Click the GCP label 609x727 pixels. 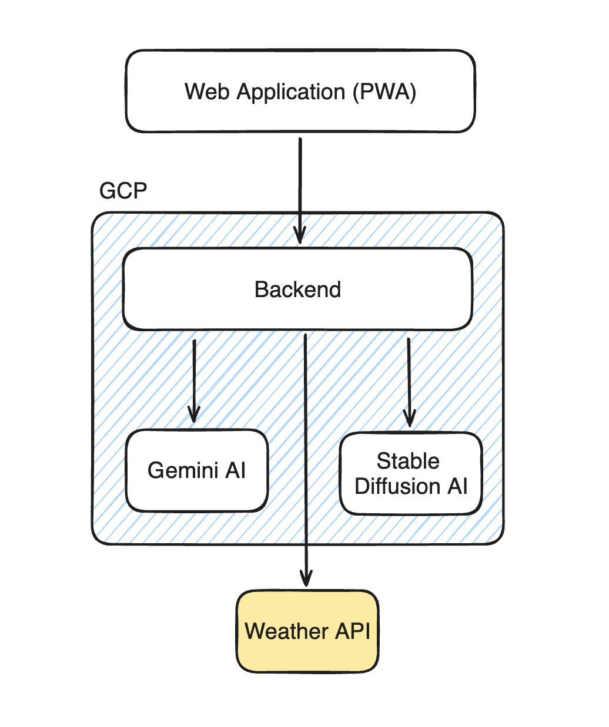(123, 191)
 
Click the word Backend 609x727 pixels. (297, 290)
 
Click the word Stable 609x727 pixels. (408, 461)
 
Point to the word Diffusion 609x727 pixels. (398, 487)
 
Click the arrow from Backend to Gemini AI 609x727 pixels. (193, 376)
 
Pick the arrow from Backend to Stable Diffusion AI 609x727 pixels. (409, 376)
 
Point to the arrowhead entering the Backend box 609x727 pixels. (300, 237)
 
